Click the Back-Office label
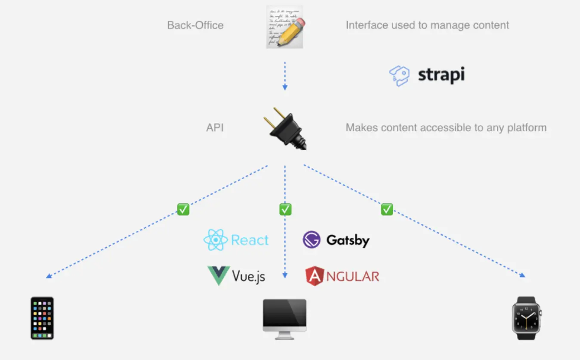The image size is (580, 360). click(195, 25)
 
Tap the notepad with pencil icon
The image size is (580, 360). click(285, 26)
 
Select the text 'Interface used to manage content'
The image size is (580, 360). click(427, 25)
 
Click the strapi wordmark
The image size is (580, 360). click(441, 75)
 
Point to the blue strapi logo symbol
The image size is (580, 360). click(399, 76)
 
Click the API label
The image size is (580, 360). click(215, 128)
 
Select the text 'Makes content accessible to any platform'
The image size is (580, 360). click(446, 128)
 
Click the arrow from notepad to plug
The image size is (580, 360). click(284, 75)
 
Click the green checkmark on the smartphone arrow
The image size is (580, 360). click(183, 209)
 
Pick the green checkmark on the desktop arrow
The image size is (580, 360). click(285, 209)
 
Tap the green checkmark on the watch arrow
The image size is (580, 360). click(387, 209)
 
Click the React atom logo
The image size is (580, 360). click(216, 240)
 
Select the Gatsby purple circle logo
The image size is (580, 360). click(312, 240)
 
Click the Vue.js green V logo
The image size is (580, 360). click(219, 276)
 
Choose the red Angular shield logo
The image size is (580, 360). click(315, 276)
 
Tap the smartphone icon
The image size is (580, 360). click(42, 318)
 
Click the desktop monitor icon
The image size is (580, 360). click(285, 319)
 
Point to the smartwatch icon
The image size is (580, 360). click(526, 318)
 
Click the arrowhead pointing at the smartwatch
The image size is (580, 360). click(522, 275)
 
